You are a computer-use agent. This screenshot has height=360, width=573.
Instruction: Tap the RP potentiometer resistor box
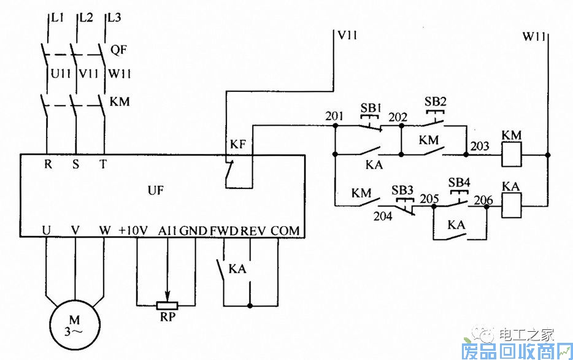pyautogui.click(x=167, y=305)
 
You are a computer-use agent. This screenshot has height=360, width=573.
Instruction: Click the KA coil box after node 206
pyautogui.click(x=511, y=207)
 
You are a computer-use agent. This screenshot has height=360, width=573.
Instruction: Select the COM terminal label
pyautogui.click(x=285, y=231)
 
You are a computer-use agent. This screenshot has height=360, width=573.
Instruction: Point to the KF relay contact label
pyautogui.click(x=238, y=145)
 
